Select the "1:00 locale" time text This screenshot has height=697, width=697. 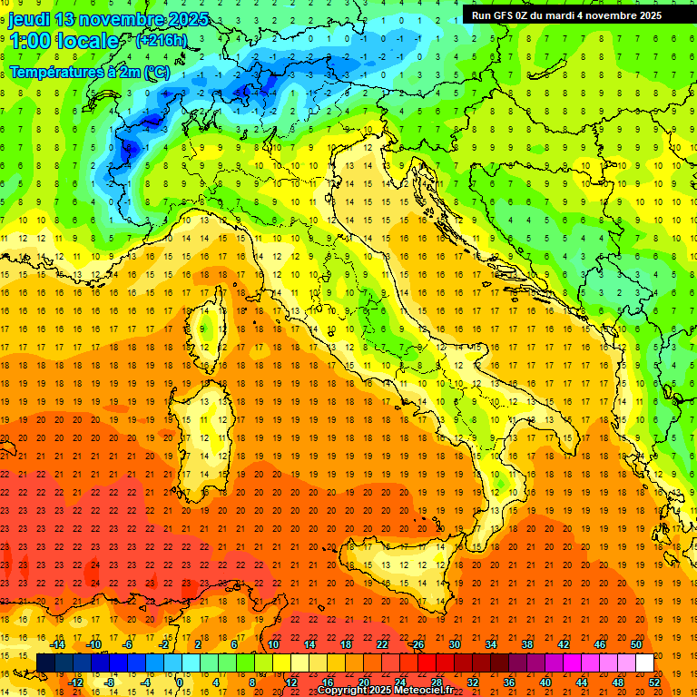64,41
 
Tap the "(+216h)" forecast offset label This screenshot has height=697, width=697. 161,40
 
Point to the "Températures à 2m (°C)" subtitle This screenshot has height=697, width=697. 89,72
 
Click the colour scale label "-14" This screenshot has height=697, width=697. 60,644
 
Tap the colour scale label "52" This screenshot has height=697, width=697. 654,682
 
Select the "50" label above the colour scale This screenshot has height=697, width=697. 636,644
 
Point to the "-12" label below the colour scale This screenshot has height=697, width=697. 77,682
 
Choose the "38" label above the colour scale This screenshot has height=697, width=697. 526,644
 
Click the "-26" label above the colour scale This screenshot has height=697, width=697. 417,644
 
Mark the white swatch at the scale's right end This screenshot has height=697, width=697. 644,663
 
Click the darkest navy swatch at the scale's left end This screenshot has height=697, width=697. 45,663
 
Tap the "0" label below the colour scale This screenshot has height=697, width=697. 180,682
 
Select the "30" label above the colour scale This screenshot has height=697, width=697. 454,644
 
